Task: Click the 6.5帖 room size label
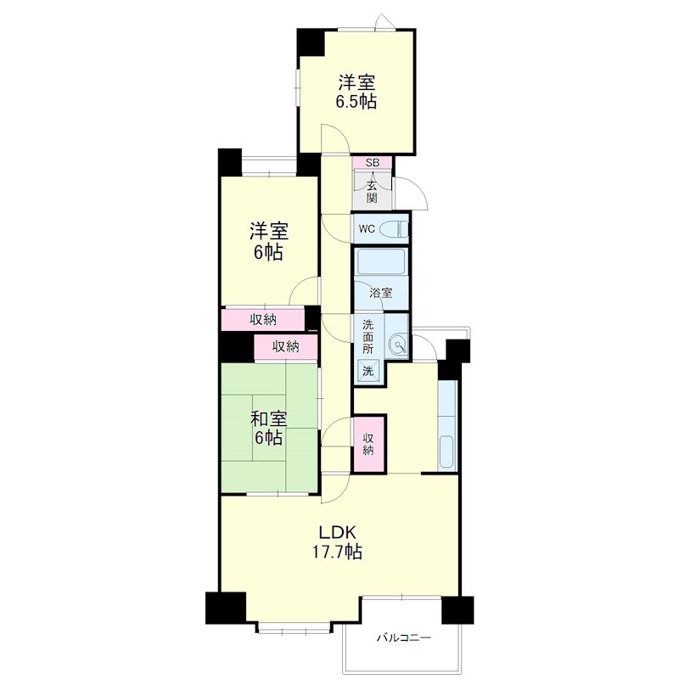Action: click(356, 101)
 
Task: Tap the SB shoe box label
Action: click(373, 163)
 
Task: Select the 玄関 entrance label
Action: click(372, 192)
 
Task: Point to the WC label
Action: click(367, 229)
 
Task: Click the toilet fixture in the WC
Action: click(395, 228)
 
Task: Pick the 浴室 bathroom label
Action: click(380, 293)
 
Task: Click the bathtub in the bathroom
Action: click(380, 261)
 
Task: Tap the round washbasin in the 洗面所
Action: click(397, 345)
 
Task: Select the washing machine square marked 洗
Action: click(368, 371)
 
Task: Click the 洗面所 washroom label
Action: click(368, 337)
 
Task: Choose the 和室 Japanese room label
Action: click(269, 419)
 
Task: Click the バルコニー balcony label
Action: click(404, 638)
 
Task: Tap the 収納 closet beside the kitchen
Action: click(368, 444)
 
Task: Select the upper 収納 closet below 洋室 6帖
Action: click(263, 320)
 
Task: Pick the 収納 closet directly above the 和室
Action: click(286, 347)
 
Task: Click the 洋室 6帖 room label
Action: click(268, 242)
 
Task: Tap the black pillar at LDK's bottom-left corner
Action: click(225, 608)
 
